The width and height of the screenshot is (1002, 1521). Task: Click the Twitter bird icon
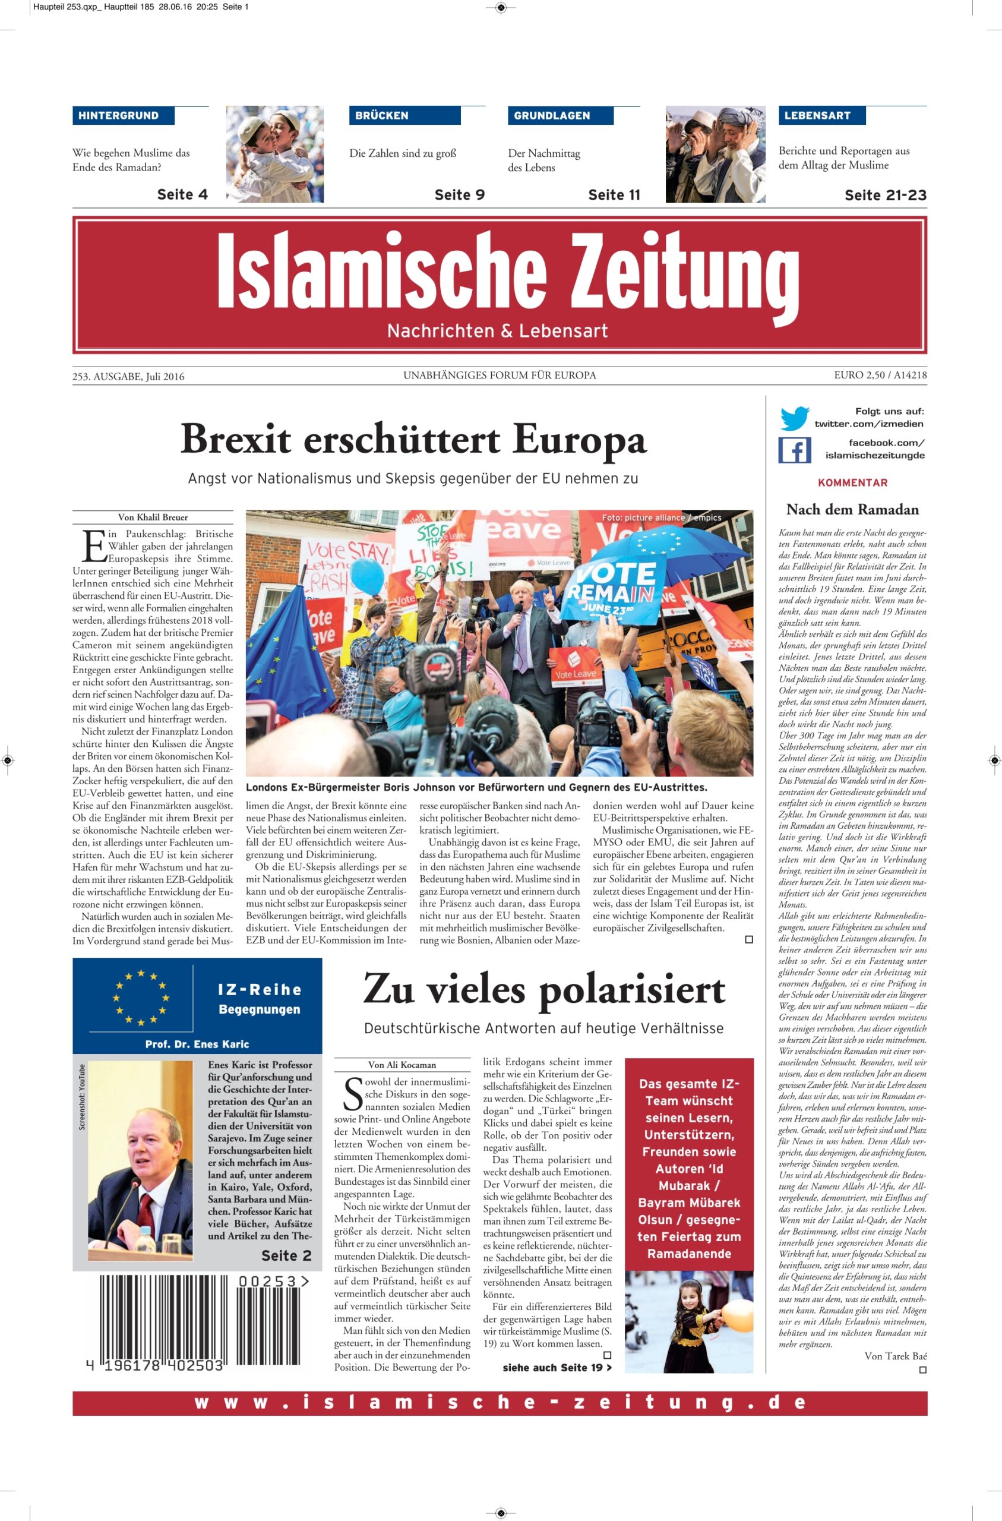(x=794, y=419)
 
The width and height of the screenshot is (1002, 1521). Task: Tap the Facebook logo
(x=794, y=450)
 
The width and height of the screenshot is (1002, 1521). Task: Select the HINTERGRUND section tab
(x=119, y=116)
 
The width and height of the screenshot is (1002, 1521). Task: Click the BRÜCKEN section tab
(x=381, y=116)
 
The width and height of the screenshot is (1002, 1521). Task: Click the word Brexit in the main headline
(x=236, y=440)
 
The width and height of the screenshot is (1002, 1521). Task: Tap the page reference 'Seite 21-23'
(x=885, y=195)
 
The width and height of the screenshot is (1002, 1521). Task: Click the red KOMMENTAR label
(x=852, y=482)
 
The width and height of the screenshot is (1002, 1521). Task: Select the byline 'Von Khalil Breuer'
(x=153, y=517)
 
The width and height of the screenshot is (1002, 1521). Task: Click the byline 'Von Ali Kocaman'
(x=402, y=1065)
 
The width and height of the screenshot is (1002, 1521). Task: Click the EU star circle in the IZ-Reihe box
(x=141, y=998)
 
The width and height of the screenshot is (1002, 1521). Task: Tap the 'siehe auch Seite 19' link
(x=557, y=1368)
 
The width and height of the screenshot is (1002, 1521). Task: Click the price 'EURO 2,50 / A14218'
(x=880, y=375)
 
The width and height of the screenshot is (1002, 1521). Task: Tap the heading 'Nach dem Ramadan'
(x=852, y=509)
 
